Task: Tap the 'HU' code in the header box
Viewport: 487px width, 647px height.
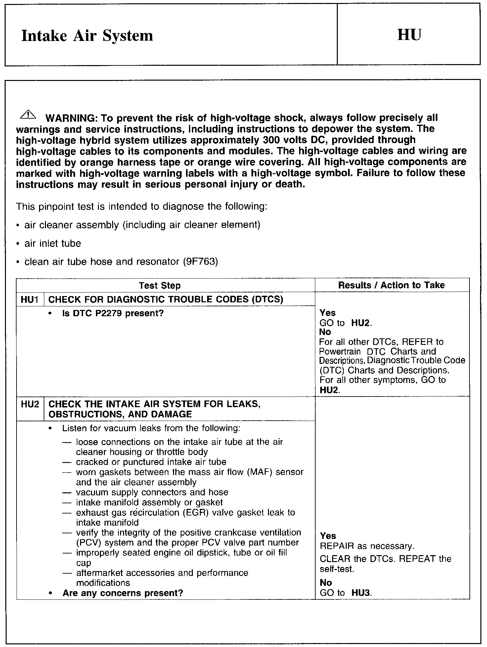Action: click(x=409, y=35)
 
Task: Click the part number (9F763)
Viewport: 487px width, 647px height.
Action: click(x=200, y=262)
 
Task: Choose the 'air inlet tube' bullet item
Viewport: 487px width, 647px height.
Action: click(x=53, y=244)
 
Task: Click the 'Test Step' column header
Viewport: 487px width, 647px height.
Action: click(x=159, y=285)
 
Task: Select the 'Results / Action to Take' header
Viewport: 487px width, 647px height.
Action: click(x=391, y=285)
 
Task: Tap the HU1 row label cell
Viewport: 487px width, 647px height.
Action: click(x=30, y=299)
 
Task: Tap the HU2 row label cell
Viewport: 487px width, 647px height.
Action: click(x=30, y=404)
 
